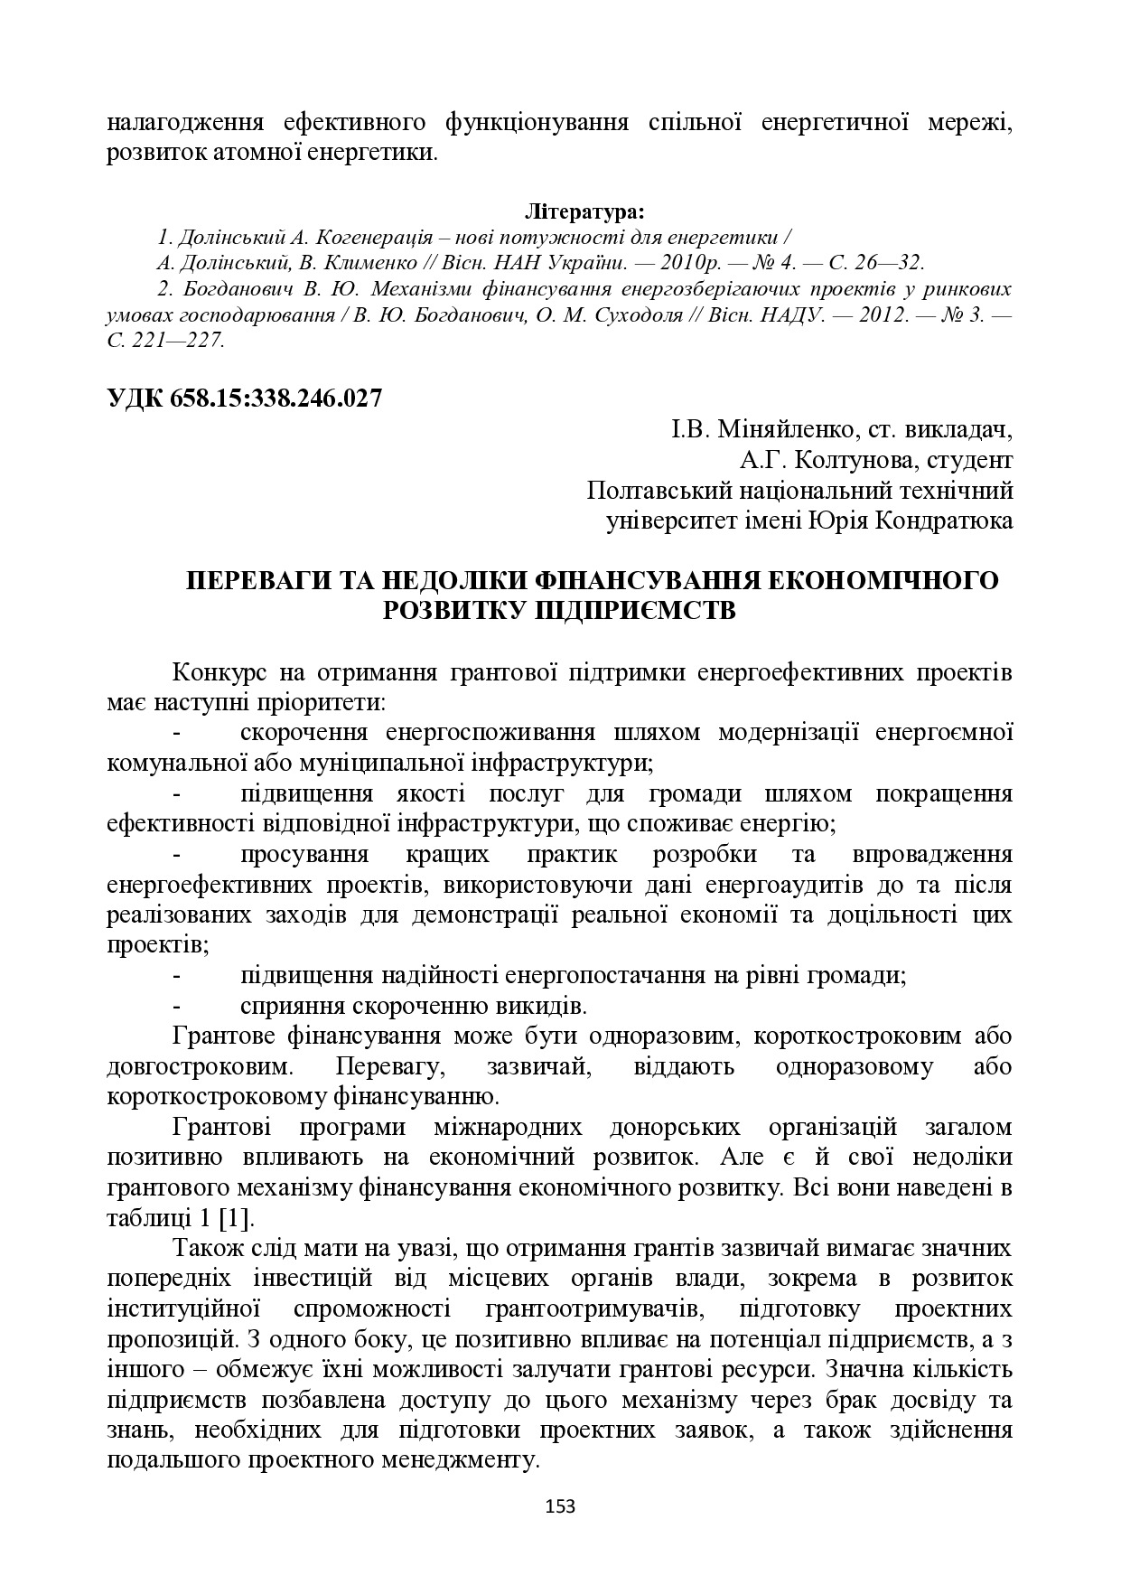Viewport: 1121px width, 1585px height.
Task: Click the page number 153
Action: tap(560, 1505)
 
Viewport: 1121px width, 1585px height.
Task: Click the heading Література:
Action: tap(584, 212)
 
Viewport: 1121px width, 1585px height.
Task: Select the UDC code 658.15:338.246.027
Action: tap(276, 398)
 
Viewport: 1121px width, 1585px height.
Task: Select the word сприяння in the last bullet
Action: tap(290, 1006)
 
